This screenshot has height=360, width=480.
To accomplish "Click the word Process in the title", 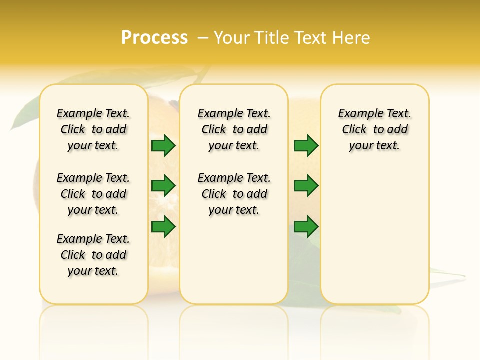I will [x=154, y=38].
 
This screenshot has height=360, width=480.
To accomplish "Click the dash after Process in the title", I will [x=203, y=38].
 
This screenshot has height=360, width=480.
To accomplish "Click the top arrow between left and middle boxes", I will [x=163, y=146].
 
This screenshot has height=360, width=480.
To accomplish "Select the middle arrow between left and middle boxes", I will [x=163, y=186].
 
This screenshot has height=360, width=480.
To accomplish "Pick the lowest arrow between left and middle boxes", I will [x=163, y=227].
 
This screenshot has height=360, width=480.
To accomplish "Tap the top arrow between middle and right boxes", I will [x=306, y=146].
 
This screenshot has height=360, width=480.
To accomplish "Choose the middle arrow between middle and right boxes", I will [x=306, y=186].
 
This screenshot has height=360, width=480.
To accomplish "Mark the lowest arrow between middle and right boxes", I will [x=306, y=227].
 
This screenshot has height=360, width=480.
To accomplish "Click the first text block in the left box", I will [x=93, y=129].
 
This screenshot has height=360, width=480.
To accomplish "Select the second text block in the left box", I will [x=93, y=194].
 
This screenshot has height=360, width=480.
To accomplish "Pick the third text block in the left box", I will [x=93, y=255].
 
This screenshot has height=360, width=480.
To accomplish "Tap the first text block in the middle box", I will [x=234, y=129].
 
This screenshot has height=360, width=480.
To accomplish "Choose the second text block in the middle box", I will [x=234, y=194].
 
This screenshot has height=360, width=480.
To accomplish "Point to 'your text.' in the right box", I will [x=374, y=146].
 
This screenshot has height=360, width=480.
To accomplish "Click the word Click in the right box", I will [x=354, y=130].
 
